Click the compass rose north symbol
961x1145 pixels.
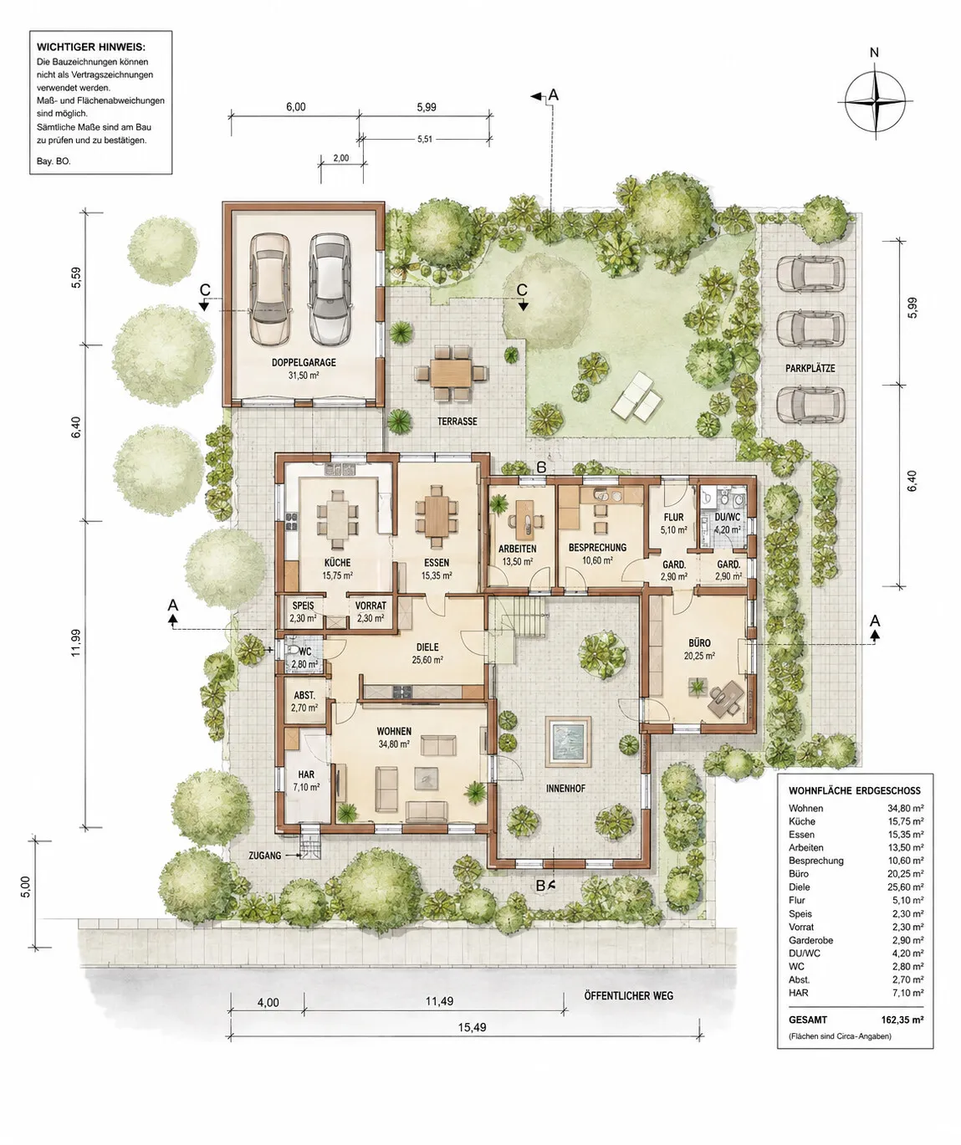(874, 101)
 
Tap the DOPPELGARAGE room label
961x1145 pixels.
(304, 362)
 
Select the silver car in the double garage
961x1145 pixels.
(329, 290)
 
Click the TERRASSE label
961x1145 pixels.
(457, 422)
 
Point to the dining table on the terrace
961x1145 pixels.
(451, 373)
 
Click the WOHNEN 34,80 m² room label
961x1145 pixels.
(394, 738)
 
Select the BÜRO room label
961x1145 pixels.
(699, 642)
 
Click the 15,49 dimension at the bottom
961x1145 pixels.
(472, 1027)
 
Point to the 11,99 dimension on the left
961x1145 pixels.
(76, 642)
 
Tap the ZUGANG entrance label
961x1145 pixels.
(265, 856)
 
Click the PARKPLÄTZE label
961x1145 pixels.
(810, 368)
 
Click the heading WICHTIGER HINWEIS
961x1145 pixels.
(91, 48)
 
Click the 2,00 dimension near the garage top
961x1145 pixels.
(340, 158)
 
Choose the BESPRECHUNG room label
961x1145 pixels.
(597, 547)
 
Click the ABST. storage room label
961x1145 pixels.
(304, 695)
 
